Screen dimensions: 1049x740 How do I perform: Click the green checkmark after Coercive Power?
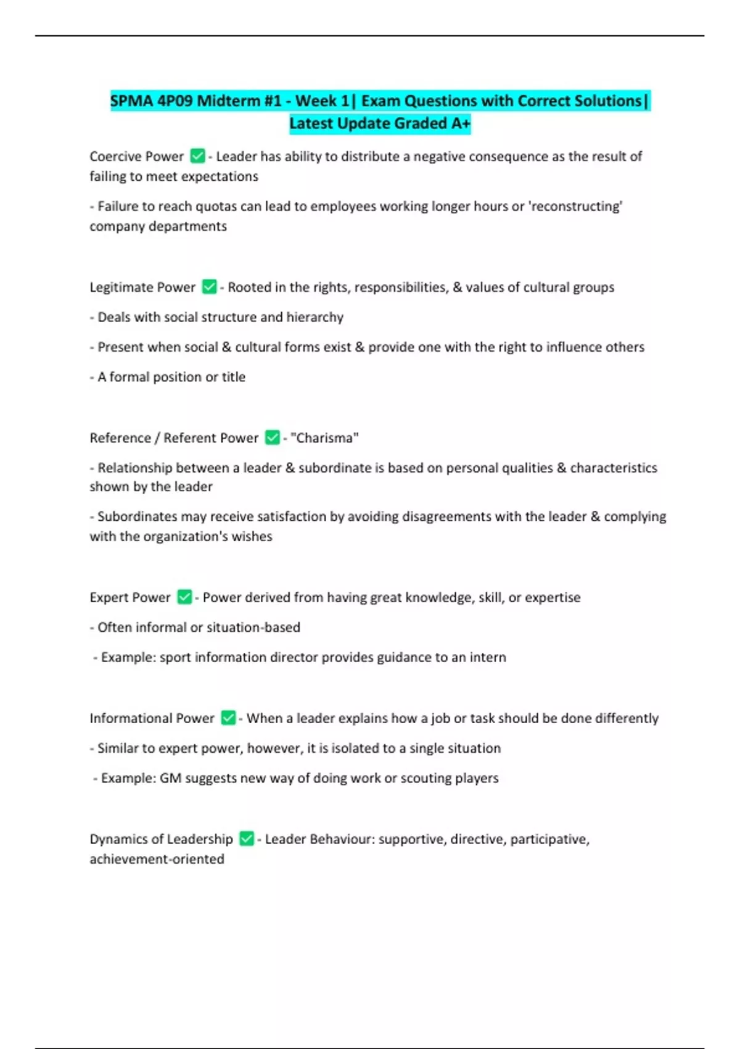197,156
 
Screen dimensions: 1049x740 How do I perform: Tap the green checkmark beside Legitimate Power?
210,287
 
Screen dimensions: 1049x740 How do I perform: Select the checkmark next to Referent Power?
273,437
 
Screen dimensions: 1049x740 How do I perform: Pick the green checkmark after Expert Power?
184,597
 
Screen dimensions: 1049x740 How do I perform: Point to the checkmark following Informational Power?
228,718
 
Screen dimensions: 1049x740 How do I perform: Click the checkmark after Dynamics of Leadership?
247,839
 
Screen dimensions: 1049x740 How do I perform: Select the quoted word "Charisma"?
324,437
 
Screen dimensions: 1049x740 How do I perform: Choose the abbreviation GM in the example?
171,777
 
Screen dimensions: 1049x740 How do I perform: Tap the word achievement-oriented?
157,859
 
